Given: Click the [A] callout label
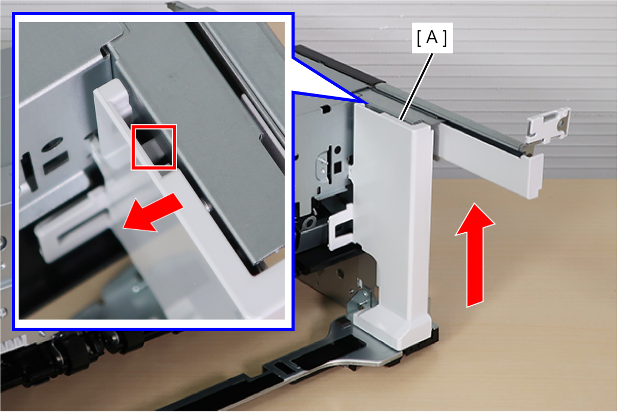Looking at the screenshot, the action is (x=432, y=38).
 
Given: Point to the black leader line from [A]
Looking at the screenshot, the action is (x=416, y=87).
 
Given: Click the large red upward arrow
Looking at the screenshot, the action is (x=475, y=255).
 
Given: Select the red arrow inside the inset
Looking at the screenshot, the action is (x=153, y=212).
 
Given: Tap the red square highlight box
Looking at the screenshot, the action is (x=154, y=147).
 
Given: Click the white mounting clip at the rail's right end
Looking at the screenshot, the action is (x=549, y=125).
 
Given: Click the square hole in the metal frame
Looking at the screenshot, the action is (x=338, y=166).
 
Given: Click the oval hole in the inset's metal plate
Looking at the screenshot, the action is (x=52, y=144).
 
